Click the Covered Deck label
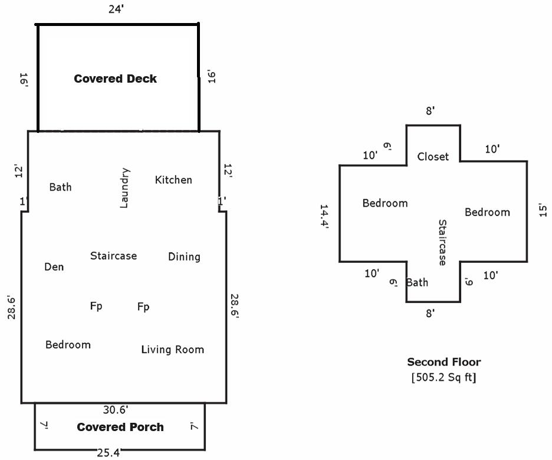[115, 79]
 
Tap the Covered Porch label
[120, 427]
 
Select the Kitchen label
[173, 180]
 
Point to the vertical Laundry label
[124, 188]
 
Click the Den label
[54, 267]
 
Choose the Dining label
[184, 256]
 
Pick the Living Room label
[173, 350]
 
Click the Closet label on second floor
[433, 156]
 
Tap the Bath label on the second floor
[417, 282]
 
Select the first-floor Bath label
[60, 187]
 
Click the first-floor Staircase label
[113, 256]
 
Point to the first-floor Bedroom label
[68, 344]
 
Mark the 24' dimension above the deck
[116, 9]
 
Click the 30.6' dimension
[116, 409]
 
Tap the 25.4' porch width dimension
[109, 453]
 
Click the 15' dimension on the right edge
[543, 211]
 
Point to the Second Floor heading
[443, 362]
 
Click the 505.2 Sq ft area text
[443, 377]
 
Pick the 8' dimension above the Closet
[431, 111]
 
